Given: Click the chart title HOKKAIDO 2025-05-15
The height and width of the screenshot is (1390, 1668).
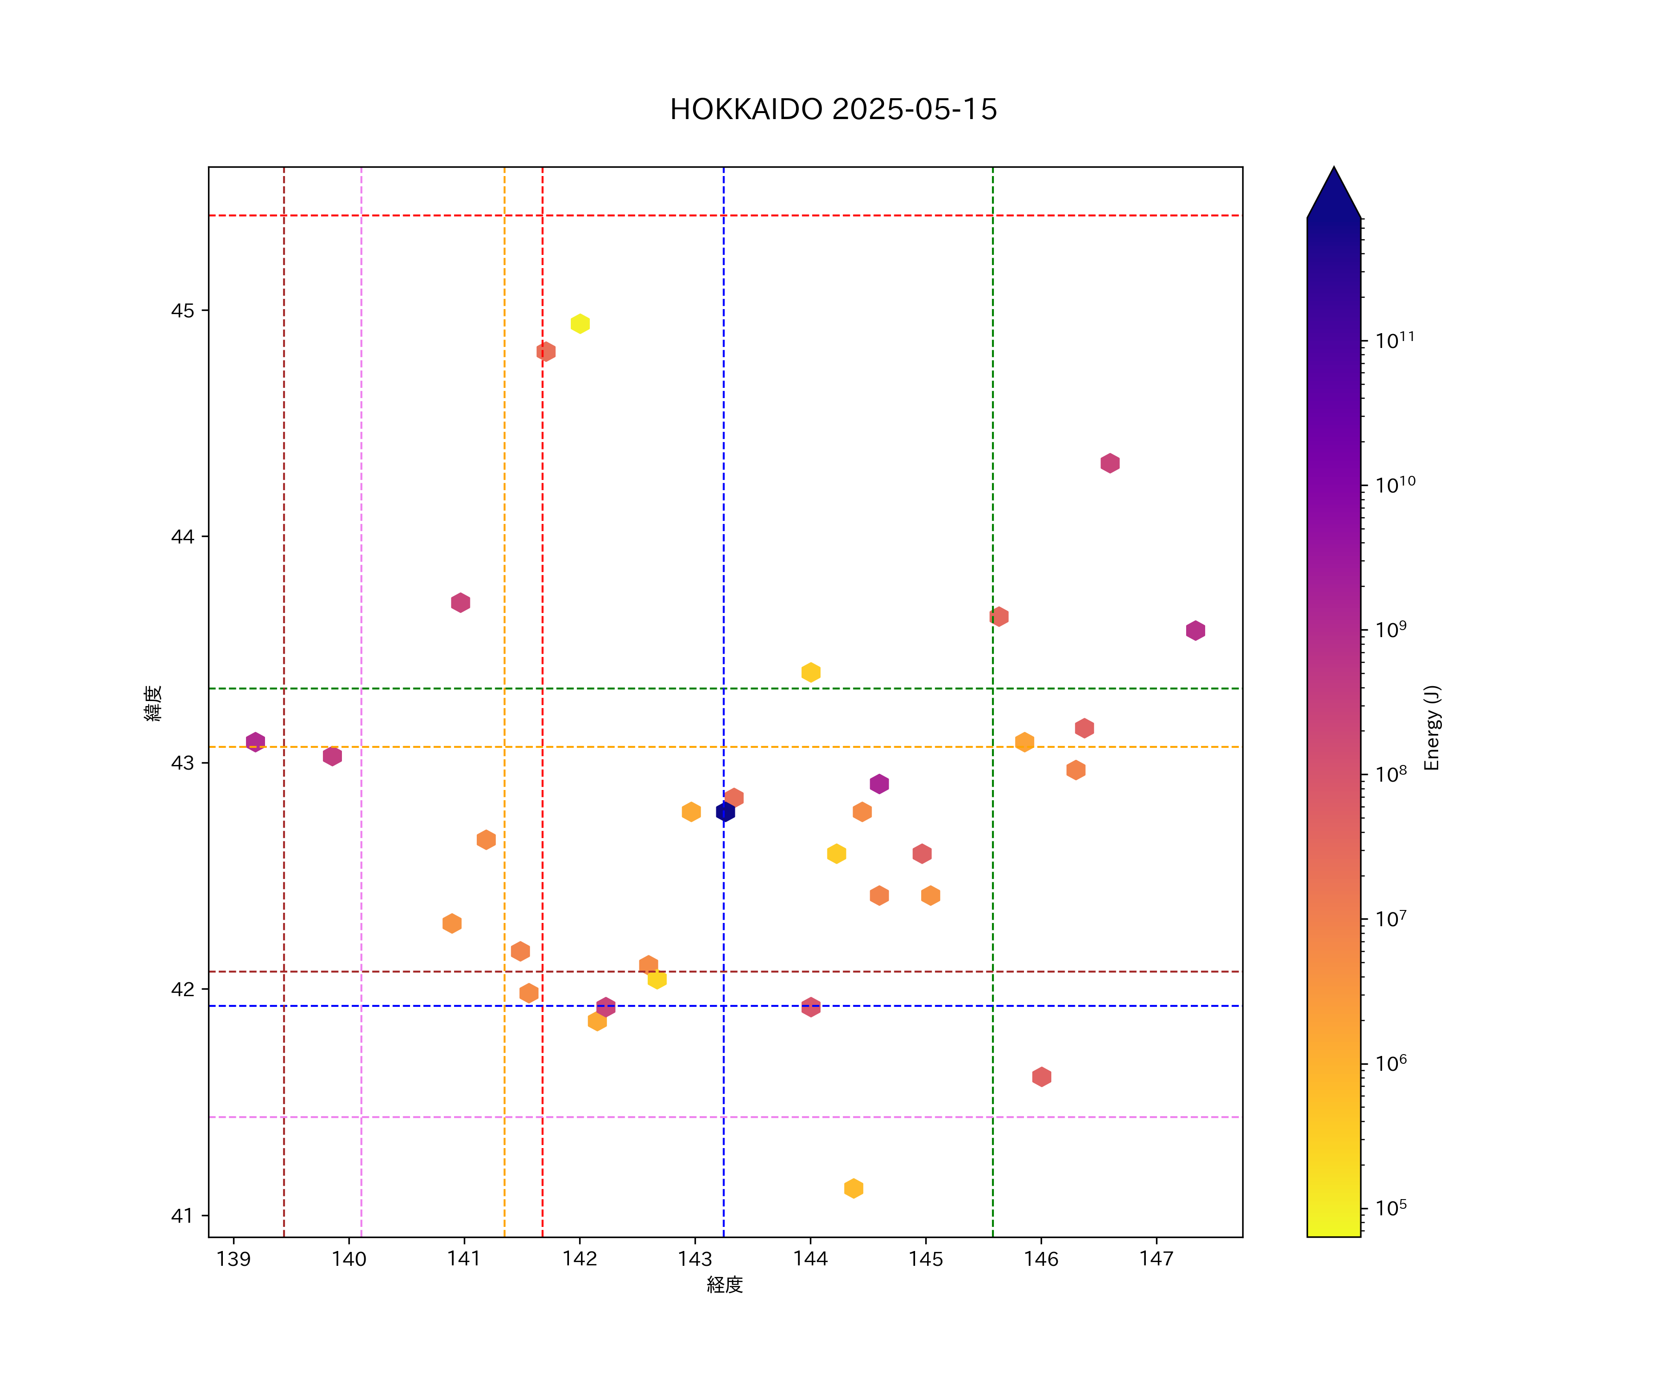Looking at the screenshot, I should (833, 110).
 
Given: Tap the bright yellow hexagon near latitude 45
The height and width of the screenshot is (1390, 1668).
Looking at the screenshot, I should (580, 324).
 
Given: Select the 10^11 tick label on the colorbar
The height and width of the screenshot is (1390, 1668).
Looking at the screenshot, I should (1395, 341).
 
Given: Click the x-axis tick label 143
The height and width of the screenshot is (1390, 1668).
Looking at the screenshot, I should (695, 1259).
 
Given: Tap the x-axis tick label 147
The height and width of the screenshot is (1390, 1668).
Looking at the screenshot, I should (1156, 1259).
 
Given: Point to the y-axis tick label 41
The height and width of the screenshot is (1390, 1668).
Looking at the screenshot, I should (182, 1216).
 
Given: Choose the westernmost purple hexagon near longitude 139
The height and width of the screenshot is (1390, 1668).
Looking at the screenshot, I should (255, 742).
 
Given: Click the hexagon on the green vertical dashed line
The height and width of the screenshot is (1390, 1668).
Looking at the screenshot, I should (998, 616).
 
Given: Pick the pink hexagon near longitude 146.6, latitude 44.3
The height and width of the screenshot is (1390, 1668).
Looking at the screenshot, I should (1110, 463).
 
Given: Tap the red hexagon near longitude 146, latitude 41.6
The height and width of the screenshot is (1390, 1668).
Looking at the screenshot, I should (1041, 1077).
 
